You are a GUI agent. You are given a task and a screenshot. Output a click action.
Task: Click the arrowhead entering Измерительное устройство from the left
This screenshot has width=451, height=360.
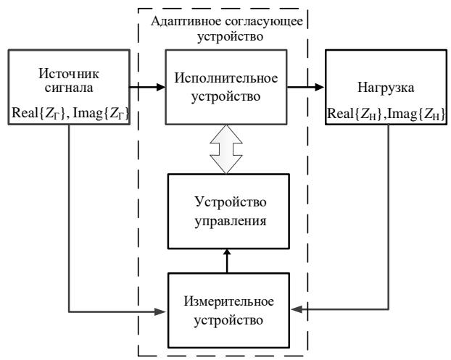(x=163, y=311)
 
